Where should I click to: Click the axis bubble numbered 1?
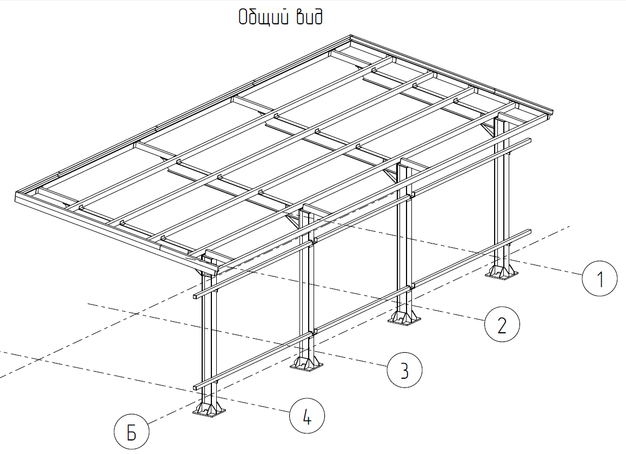pos(600,279)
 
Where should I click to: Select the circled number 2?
pos(502,324)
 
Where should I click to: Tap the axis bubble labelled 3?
pos(404,370)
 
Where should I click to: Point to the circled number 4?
pos(307,416)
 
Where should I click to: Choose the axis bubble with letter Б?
pos(131,432)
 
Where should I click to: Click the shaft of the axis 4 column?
pos(209,340)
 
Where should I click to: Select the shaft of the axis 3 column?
pos(307,292)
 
